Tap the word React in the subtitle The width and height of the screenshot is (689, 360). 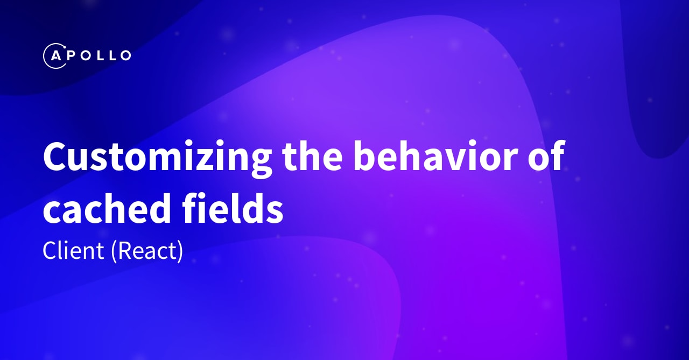tap(147, 251)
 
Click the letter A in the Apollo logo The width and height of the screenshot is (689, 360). tap(54, 55)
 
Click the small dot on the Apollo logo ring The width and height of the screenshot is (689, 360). tap(63, 47)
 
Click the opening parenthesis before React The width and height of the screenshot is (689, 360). tap(114, 251)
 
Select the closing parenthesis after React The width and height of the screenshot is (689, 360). tap(180, 251)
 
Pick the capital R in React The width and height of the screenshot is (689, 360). tap(123, 251)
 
